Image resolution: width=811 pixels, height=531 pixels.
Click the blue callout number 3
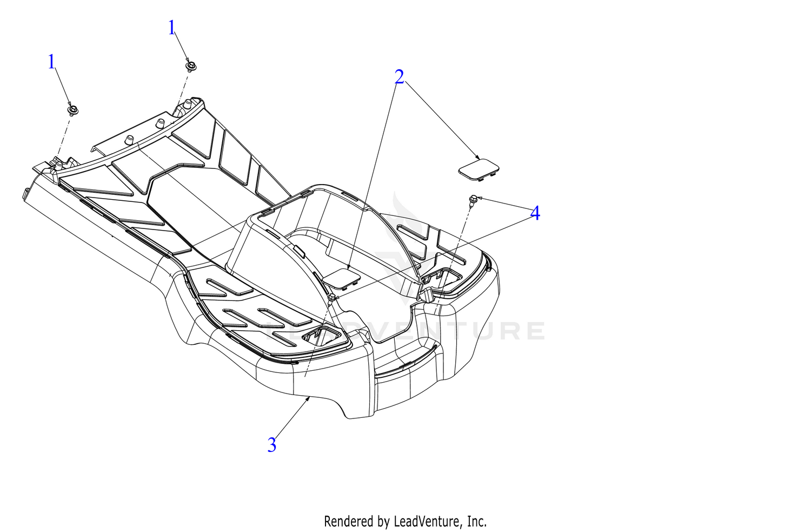coord(271,445)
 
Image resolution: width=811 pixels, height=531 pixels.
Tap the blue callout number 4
coord(535,213)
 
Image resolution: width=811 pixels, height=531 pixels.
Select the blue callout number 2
coord(399,77)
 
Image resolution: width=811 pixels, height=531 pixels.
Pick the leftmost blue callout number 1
coord(51,62)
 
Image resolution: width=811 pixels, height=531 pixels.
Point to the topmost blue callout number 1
coord(171,28)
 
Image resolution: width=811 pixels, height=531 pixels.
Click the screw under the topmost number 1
coord(190,67)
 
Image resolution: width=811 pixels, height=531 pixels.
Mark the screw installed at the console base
coord(331,298)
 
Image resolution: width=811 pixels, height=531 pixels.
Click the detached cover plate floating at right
coord(478,169)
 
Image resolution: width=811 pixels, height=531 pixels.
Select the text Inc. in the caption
coord(477,522)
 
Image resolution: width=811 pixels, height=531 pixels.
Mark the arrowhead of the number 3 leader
coord(309,398)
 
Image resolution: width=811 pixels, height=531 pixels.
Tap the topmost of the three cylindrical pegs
coord(187,105)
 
